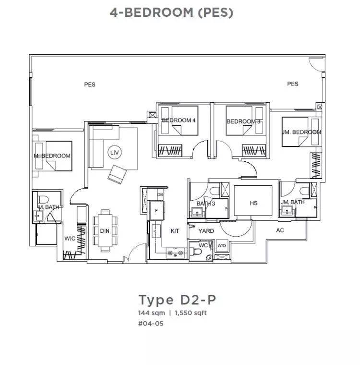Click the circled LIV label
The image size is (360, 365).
pyautogui.click(x=115, y=152)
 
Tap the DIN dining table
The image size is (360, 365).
pyautogui.click(x=105, y=231)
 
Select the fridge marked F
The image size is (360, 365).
pyautogui.click(x=156, y=211)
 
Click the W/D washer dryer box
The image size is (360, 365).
pyautogui.click(x=222, y=245)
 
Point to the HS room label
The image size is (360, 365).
pyautogui.click(x=253, y=203)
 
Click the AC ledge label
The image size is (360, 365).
pyautogui.click(x=280, y=230)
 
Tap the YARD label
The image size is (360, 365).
pyautogui.click(x=206, y=231)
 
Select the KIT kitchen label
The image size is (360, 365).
pyautogui.click(x=175, y=231)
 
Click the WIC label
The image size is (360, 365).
pyautogui.click(x=70, y=238)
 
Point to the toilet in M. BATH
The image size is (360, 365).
pyautogui.click(x=44, y=199)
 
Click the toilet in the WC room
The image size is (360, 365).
pyautogui.click(x=196, y=251)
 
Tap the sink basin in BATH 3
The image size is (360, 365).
pyautogui.click(x=197, y=212)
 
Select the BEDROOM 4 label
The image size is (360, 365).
pyautogui.click(x=179, y=121)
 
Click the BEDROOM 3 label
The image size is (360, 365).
pyautogui.click(x=243, y=122)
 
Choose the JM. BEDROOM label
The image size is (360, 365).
pyautogui.click(x=301, y=132)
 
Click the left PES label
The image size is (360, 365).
pyautogui.click(x=90, y=85)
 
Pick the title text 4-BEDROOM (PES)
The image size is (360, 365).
pyautogui.click(x=171, y=12)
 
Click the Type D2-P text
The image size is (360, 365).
pyautogui.click(x=177, y=300)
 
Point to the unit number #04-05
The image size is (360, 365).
pyautogui.click(x=151, y=324)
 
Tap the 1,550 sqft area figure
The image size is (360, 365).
pyautogui.click(x=191, y=313)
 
